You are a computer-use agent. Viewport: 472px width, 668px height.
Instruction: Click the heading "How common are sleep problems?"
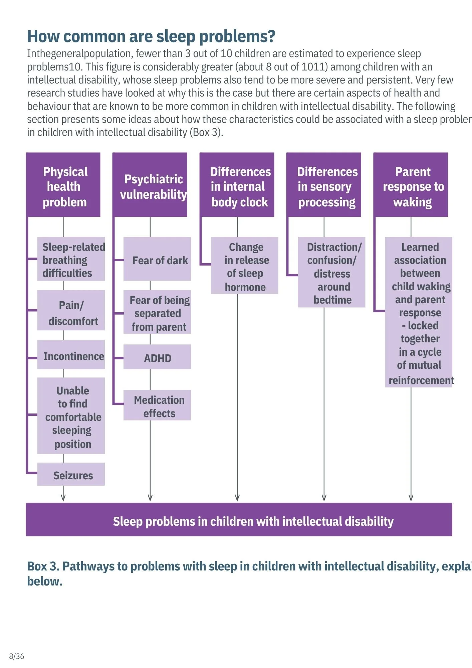pyautogui.click(x=151, y=36)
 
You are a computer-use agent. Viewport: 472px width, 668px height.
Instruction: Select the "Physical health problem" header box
pyautogui.click(x=63, y=185)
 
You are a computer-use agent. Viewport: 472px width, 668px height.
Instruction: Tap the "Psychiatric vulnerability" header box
pyautogui.click(x=150, y=185)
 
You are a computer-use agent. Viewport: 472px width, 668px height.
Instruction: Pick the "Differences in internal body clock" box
pyautogui.click(x=237, y=185)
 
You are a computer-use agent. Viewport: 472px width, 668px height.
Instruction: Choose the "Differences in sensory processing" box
pyautogui.click(x=324, y=185)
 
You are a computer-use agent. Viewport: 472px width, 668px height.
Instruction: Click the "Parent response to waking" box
pyautogui.click(x=411, y=185)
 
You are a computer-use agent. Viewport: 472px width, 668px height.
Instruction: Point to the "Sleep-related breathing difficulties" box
pyautogui.click(x=71, y=259)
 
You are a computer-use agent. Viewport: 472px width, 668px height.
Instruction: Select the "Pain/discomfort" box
pyautogui.click(x=71, y=311)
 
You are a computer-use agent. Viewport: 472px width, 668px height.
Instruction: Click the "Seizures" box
pyautogui.click(x=71, y=474)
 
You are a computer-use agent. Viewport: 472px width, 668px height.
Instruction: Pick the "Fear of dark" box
pyautogui.click(x=157, y=259)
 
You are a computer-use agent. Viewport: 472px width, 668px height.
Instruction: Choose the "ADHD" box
pyautogui.click(x=157, y=357)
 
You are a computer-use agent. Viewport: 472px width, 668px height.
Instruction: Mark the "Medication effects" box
pyautogui.click(x=157, y=405)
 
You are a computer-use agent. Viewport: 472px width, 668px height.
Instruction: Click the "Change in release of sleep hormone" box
pyautogui.click(x=245, y=266)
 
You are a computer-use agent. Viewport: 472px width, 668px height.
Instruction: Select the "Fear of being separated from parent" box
pyautogui.click(x=157, y=312)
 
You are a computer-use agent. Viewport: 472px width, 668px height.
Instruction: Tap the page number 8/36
pyautogui.click(x=17, y=656)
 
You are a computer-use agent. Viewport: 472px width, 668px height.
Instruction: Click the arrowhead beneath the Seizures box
pyautogui.click(x=63, y=498)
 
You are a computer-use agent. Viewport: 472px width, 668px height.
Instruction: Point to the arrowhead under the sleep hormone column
pyautogui.click(x=237, y=498)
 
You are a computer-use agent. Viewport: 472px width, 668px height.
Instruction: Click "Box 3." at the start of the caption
pyautogui.click(x=43, y=566)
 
